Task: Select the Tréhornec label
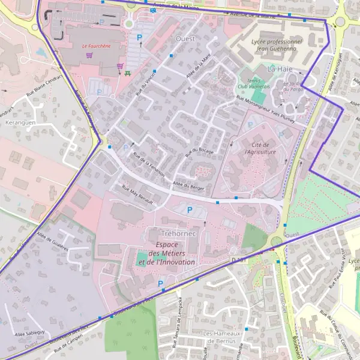tap(179, 232)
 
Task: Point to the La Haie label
tap(280, 69)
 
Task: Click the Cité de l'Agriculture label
tap(260, 149)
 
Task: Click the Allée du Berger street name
tap(188, 186)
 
